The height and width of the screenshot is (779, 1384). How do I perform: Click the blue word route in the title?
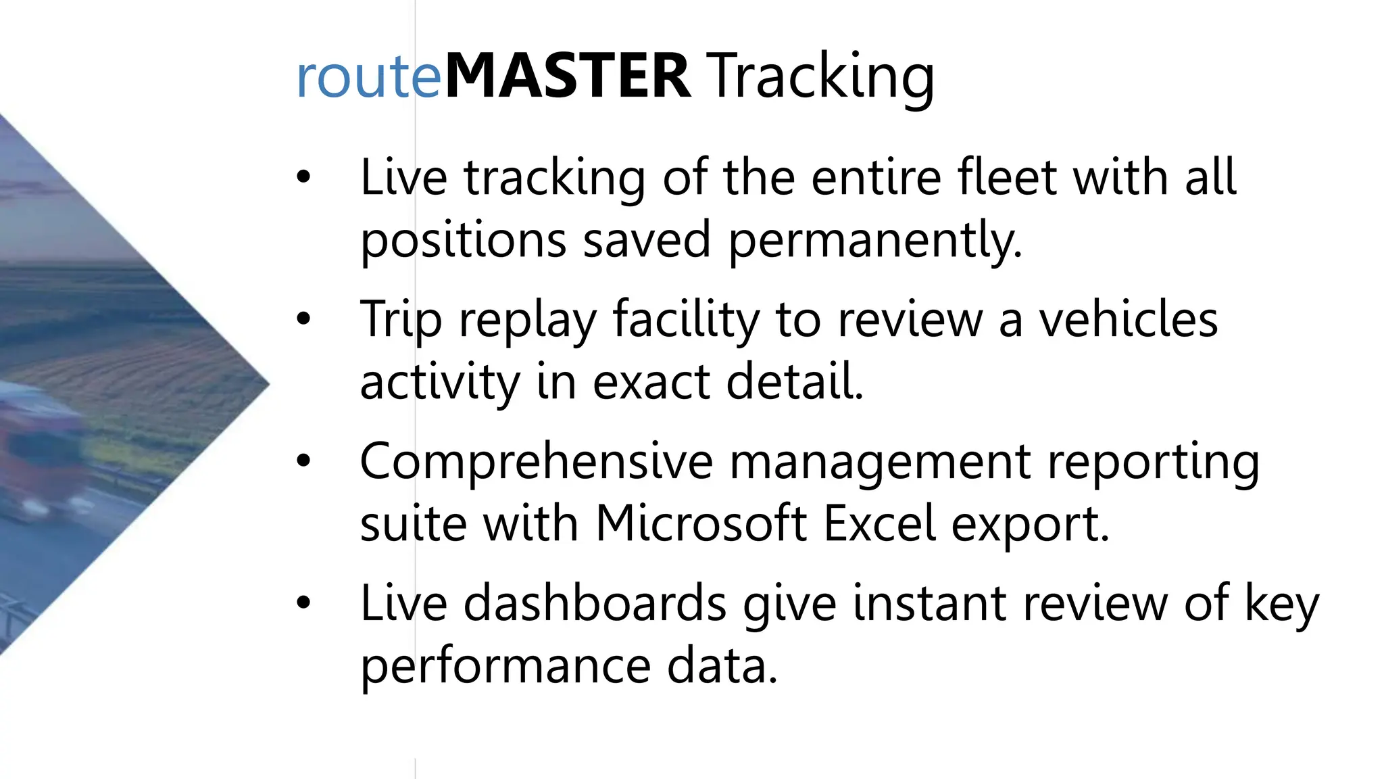pos(368,76)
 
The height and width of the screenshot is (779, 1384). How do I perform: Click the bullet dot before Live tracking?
pos(303,177)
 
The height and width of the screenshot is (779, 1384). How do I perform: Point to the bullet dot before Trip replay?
pos(303,318)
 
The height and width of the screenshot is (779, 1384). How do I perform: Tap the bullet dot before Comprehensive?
pos(303,461)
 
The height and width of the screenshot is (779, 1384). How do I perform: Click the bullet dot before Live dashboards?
pos(303,602)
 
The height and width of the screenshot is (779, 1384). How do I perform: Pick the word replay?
pos(528,320)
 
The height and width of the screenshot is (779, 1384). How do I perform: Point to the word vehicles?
pos(1128,319)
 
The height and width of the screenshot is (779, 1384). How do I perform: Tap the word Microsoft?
pos(701,523)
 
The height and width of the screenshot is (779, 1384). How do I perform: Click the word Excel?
pos(880,523)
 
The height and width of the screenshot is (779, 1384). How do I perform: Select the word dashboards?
pos(595,603)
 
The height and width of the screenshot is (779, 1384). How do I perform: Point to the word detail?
pos(795,381)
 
